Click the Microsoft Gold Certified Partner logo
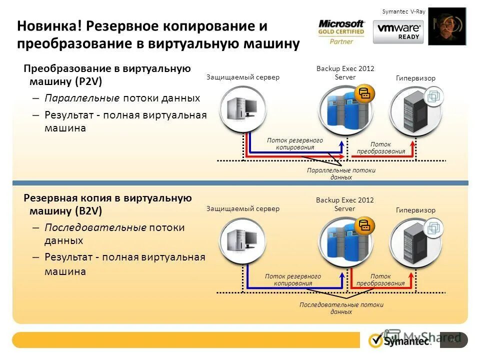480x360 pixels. click(341, 32)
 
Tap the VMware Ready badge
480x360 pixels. click(398, 32)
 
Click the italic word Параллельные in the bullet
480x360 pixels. click(82, 98)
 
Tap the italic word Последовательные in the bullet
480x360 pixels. click(95, 227)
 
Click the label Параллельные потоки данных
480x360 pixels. click(341, 173)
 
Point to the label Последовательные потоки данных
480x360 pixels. click(341, 308)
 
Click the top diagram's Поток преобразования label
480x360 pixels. click(380, 148)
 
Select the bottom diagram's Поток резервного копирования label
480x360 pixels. click(292, 279)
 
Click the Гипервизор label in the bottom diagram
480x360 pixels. click(415, 210)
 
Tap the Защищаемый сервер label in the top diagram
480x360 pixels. click(242, 77)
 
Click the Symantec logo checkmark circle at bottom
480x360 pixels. click(375, 340)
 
